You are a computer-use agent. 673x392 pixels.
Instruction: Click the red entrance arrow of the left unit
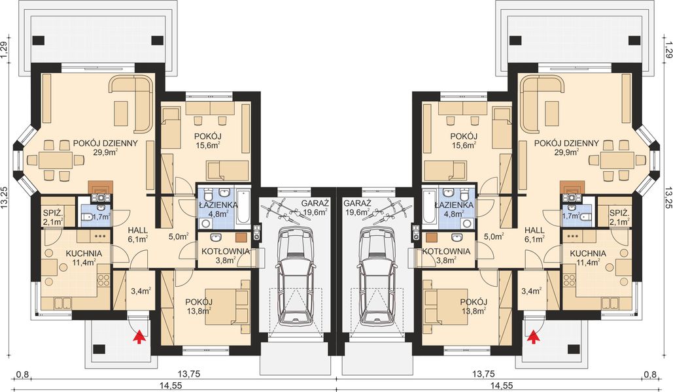(x=139, y=336)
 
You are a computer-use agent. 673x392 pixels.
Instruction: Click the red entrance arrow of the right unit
(x=534, y=336)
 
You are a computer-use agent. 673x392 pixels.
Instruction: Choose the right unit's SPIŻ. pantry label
(x=617, y=213)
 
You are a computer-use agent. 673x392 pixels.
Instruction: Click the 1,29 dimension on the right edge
(x=668, y=49)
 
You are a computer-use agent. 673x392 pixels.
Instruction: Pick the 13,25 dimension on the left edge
(x=5, y=197)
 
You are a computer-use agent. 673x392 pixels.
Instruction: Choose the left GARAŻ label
(x=315, y=204)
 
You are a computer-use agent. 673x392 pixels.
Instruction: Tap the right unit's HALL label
(x=535, y=229)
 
